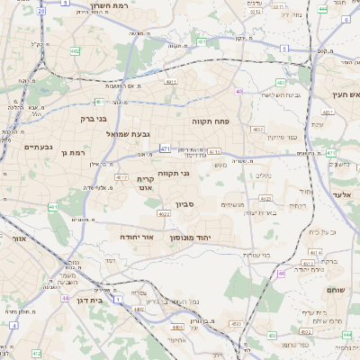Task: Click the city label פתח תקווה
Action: coord(212,120)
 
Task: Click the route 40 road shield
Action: coord(238,92)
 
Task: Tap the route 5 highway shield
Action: coord(67,3)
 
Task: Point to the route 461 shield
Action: coord(53,208)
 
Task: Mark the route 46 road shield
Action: coord(281,273)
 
